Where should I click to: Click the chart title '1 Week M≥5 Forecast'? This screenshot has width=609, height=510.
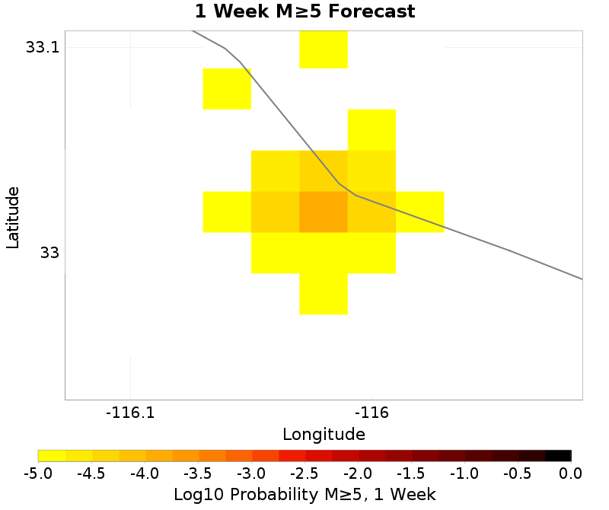click(304, 12)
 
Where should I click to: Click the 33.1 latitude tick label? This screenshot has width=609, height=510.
click(42, 47)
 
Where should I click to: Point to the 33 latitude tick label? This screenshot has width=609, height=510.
click(49, 253)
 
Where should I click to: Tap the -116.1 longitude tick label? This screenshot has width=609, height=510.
click(131, 413)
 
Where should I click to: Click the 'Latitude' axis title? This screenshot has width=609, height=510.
click(12, 217)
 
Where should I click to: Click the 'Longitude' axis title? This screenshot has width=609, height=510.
click(324, 435)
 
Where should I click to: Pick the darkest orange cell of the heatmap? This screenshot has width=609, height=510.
click(324, 212)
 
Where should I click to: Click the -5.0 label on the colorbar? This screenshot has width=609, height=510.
click(38, 473)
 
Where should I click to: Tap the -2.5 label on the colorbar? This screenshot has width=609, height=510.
click(304, 473)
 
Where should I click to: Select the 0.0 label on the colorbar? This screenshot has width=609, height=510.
click(571, 473)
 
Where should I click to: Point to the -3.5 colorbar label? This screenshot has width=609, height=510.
click(198, 473)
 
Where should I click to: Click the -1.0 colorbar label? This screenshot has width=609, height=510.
click(464, 473)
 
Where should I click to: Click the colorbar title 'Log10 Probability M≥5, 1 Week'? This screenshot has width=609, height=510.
click(304, 494)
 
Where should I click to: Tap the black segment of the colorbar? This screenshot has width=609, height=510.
click(558, 455)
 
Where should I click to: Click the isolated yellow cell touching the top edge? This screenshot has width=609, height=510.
click(324, 49)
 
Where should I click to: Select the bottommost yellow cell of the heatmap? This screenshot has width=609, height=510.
click(324, 294)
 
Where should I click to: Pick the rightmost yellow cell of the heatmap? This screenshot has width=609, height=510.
click(419, 212)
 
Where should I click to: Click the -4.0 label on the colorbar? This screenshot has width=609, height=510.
click(145, 473)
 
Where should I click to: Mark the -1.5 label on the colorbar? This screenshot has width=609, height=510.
click(411, 473)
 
